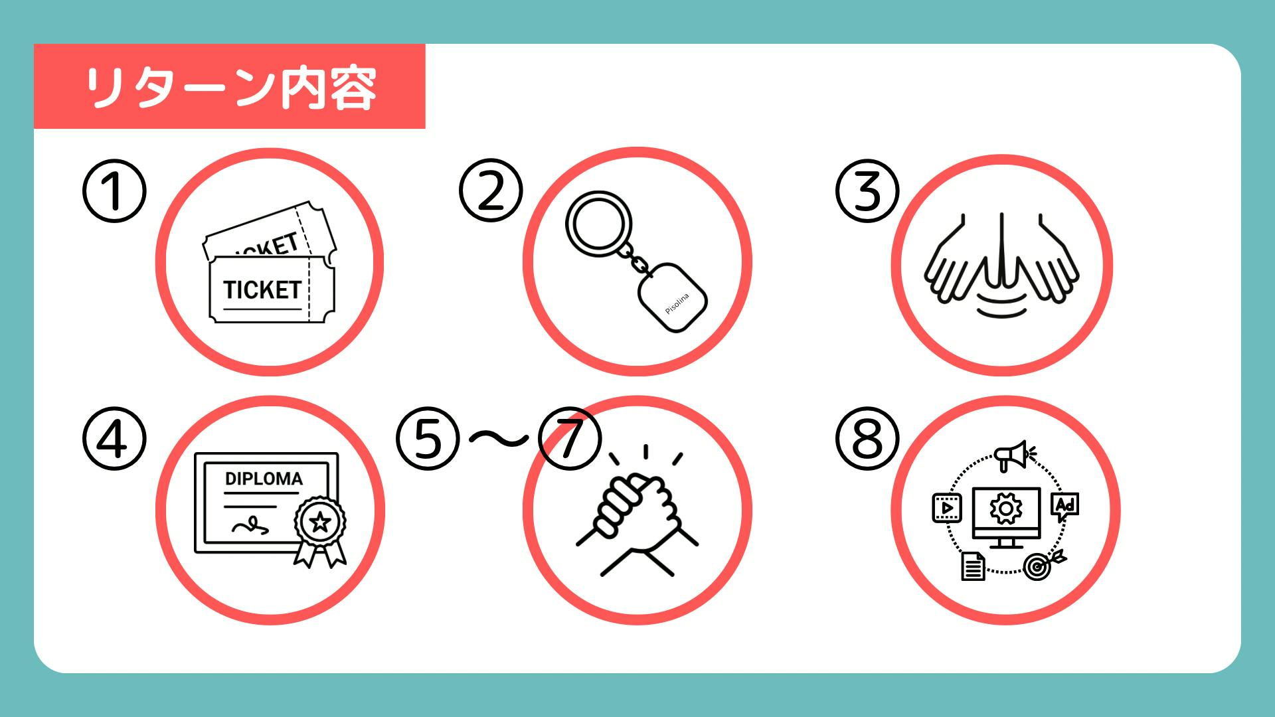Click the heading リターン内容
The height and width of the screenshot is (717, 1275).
coord(231,87)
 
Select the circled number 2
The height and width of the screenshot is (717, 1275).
coord(491,191)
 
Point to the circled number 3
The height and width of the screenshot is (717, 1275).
coord(867,191)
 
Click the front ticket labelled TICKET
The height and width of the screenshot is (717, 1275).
coord(272,290)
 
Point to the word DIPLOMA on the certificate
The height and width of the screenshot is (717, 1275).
coord(264,479)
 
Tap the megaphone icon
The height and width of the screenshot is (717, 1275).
coord(1012,455)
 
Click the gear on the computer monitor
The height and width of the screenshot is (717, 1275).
coord(1005,509)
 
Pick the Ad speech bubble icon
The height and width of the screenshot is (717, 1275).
coord(1065,507)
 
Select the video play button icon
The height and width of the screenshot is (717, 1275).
coord(947,508)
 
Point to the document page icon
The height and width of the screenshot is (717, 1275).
coord(974,566)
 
